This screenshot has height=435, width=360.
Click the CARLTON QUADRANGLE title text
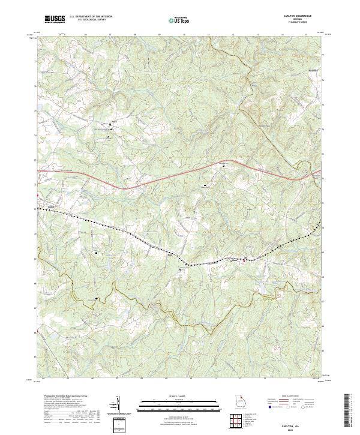(298, 16)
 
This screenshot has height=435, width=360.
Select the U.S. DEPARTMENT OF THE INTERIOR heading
(92, 17)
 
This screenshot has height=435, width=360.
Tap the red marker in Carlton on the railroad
(243, 260)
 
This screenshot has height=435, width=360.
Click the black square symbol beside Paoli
(110, 125)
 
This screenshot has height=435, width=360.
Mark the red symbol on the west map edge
(38, 195)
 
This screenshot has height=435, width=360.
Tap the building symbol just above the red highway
(224, 165)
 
